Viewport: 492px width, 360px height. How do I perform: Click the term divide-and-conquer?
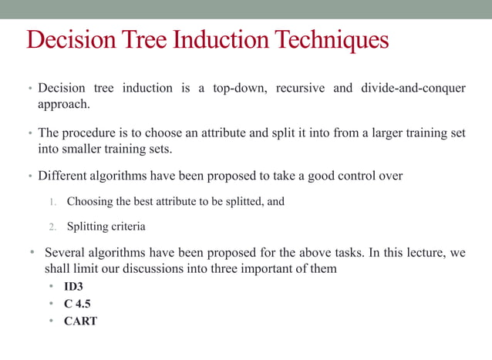[x=413, y=88]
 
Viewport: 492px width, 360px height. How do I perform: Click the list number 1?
[x=53, y=202]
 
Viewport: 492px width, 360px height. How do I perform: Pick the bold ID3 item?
[x=73, y=287]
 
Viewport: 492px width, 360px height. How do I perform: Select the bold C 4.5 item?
[x=76, y=304]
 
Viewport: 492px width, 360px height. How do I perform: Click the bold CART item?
[x=80, y=321]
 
